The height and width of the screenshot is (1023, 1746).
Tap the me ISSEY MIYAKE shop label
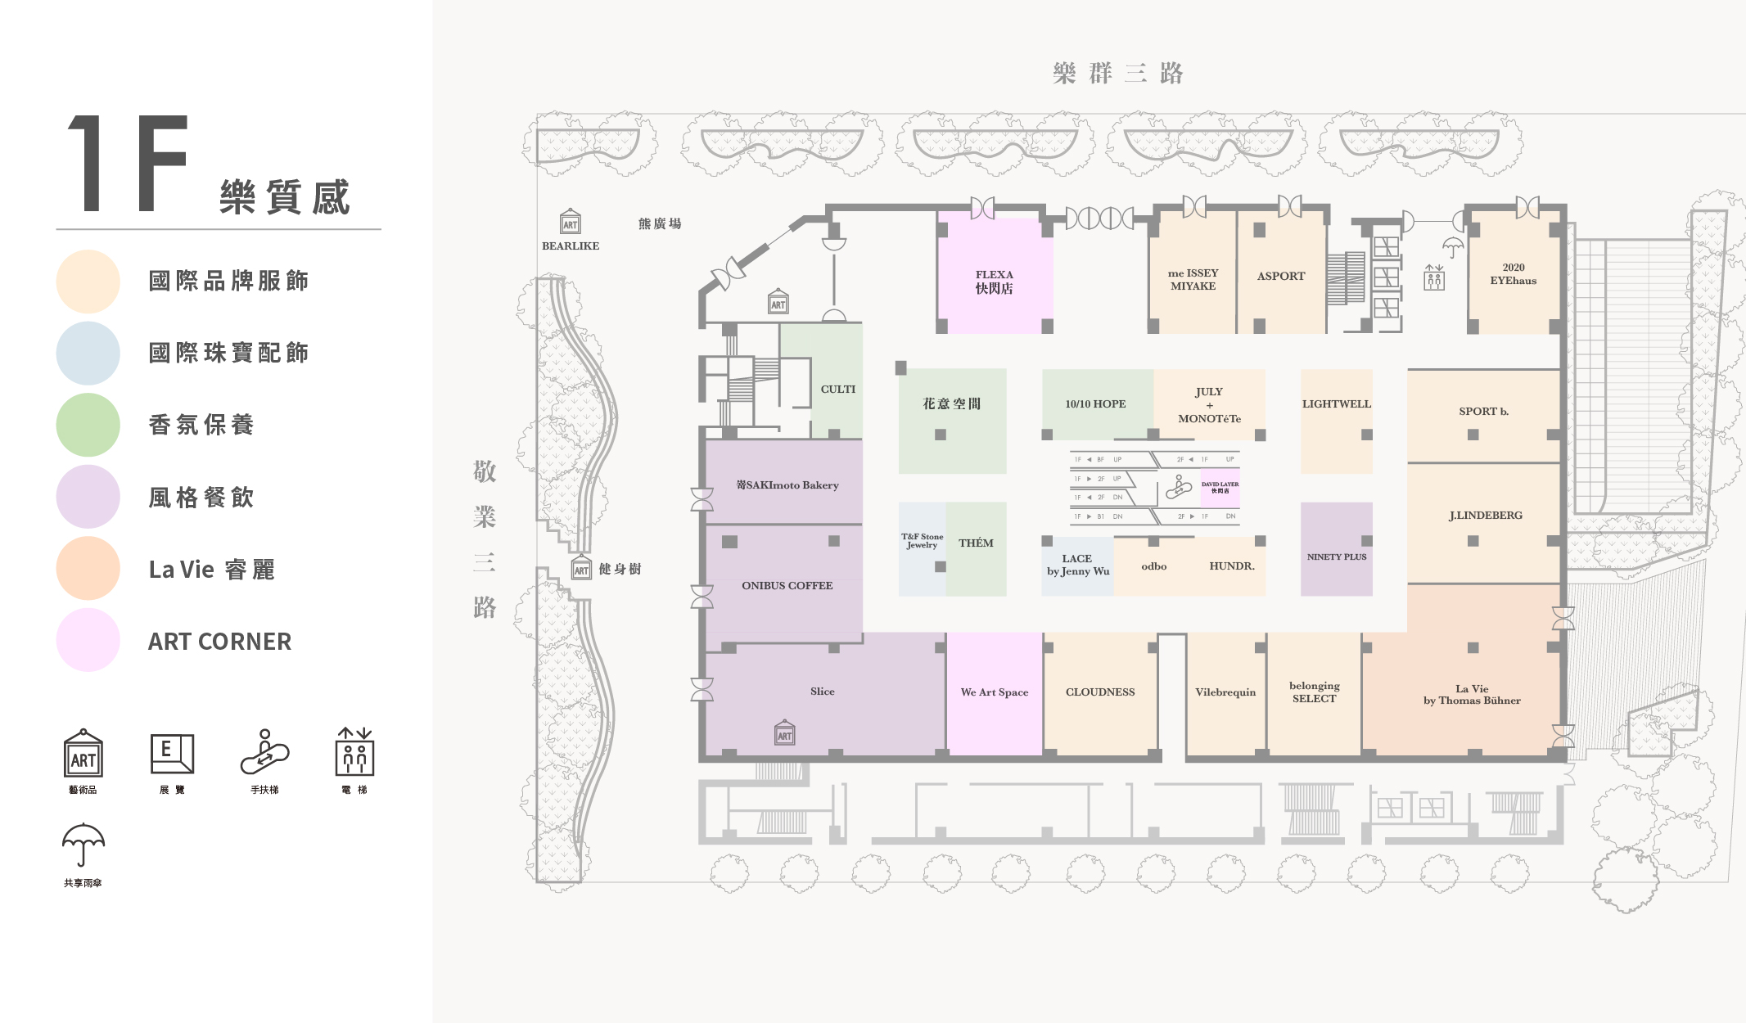[x=1193, y=280]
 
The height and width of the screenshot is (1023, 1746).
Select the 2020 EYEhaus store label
[x=1513, y=274]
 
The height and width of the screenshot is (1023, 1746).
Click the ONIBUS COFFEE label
[x=787, y=586]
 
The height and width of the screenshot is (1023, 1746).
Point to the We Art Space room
[x=994, y=692]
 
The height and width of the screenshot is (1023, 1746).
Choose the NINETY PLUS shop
[x=1336, y=557]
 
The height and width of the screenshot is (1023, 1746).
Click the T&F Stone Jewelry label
[x=922, y=541]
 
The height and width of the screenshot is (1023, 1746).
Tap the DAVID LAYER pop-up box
[x=1220, y=488]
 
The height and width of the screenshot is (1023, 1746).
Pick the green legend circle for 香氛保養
[x=88, y=425]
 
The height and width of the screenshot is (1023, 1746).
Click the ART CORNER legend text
[x=219, y=642]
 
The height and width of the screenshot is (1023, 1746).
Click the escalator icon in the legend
[x=264, y=752]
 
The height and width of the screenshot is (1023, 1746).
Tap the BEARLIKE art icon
[x=571, y=222]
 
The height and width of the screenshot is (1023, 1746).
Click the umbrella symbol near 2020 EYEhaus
[x=1453, y=246]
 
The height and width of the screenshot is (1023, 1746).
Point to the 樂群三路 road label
[x=1117, y=74]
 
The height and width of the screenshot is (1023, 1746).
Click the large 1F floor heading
[x=128, y=163]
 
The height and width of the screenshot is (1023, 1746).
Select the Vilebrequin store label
[x=1225, y=692]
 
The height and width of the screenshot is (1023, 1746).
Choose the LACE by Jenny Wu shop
[x=1077, y=566]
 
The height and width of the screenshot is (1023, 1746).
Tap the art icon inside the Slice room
[x=784, y=733]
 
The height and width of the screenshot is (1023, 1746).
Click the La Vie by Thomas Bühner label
[x=1471, y=695]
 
